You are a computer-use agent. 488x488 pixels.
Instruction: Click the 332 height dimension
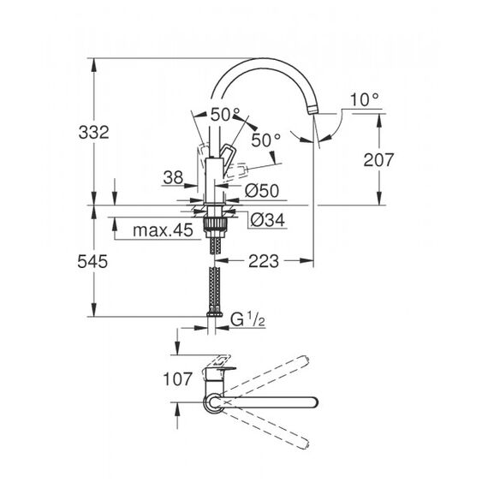pyautogui.click(x=93, y=132)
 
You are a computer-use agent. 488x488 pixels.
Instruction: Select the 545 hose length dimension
pyautogui.click(x=92, y=261)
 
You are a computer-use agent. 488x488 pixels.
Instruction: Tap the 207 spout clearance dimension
pyautogui.click(x=378, y=159)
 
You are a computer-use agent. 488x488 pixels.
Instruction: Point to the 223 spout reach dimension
pyautogui.click(x=264, y=261)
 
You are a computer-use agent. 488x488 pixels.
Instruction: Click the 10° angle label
pyautogui.click(x=365, y=99)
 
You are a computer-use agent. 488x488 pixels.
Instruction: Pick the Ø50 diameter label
pyautogui.click(x=262, y=190)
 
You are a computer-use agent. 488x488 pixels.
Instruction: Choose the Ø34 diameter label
pyautogui.click(x=268, y=220)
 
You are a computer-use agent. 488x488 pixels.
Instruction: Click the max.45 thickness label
pyautogui.click(x=163, y=230)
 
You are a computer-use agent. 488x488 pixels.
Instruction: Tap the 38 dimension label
pyautogui.click(x=173, y=177)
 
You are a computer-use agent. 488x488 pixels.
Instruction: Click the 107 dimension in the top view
pyautogui.click(x=177, y=379)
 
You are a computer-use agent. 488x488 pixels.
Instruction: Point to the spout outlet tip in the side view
pyautogui.click(x=312, y=110)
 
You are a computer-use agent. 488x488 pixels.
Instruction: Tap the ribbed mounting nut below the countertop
pyautogui.click(x=214, y=223)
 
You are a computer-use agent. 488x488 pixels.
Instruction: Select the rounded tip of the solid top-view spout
pyautogui.click(x=314, y=402)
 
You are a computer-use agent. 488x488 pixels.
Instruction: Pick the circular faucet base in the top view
pyautogui.click(x=213, y=403)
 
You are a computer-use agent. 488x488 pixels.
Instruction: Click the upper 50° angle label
pyautogui.click(x=225, y=115)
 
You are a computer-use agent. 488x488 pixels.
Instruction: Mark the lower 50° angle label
pyautogui.click(x=265, y=140)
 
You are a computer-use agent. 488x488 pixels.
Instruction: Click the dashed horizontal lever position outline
pyautogui.click(x=237, y=170)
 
